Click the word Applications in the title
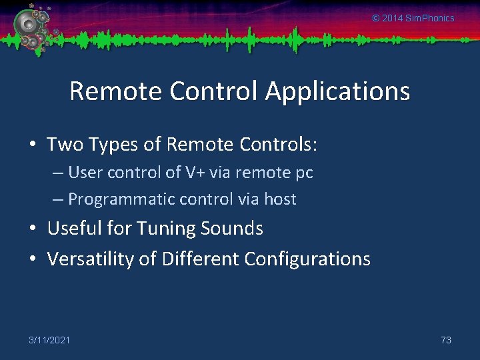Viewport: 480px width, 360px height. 337,91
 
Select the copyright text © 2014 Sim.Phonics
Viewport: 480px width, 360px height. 413,18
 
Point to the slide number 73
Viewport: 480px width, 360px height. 446,340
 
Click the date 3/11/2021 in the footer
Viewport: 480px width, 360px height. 49,340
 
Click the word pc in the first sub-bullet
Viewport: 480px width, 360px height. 303,173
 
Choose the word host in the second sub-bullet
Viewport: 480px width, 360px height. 280,199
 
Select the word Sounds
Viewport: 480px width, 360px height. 233,228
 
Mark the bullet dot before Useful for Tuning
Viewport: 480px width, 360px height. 34,229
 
